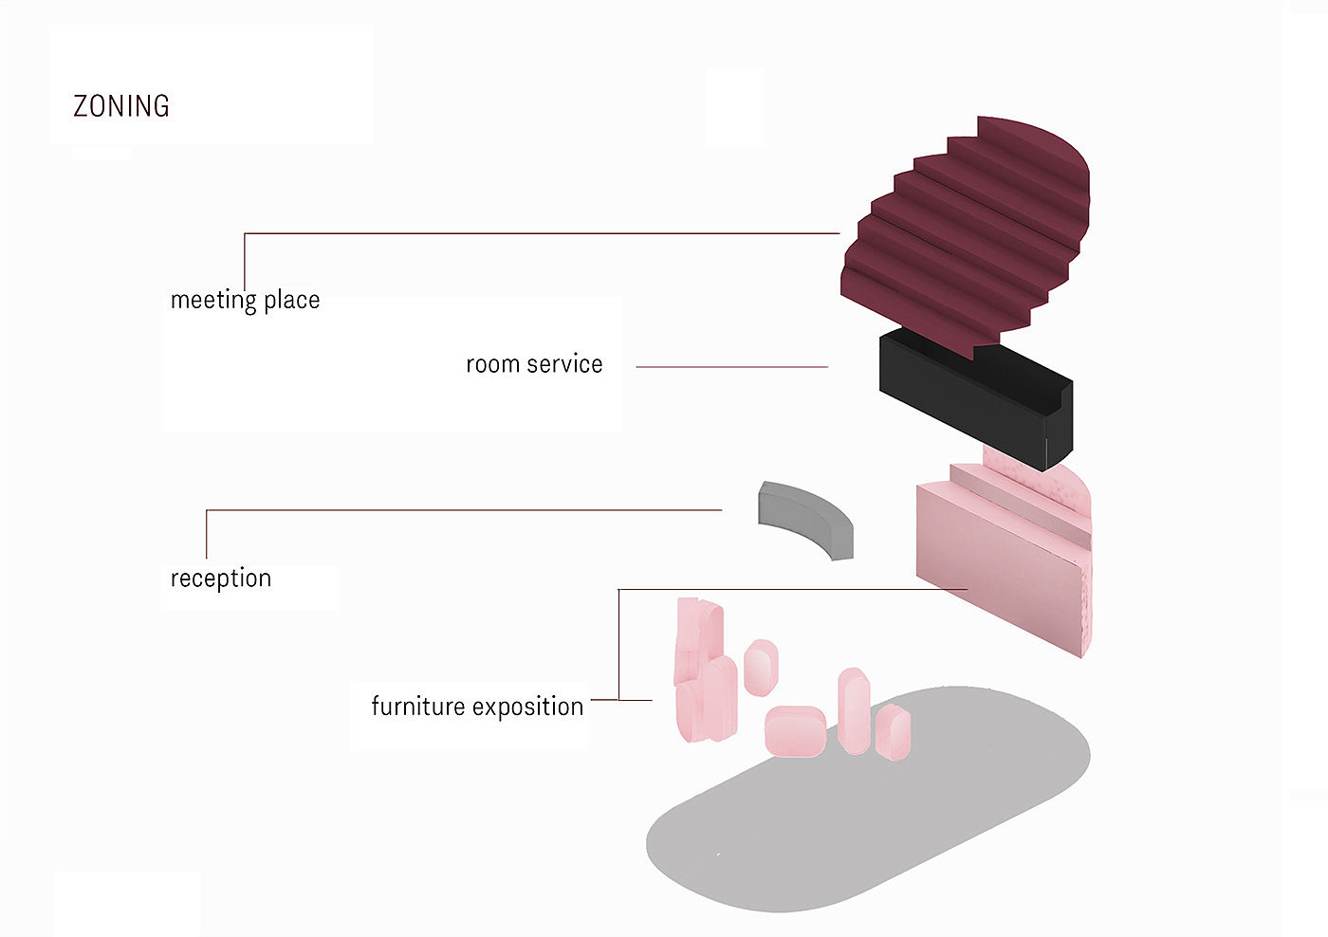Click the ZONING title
tap(121, 105)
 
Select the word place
tap(291, 300)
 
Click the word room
tap(493, 364)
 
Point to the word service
tap(565, 364)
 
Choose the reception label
tap(220, 579)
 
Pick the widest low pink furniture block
tap(793, 731)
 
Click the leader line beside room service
tap(730, 367)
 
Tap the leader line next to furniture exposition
tap(618, 645)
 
